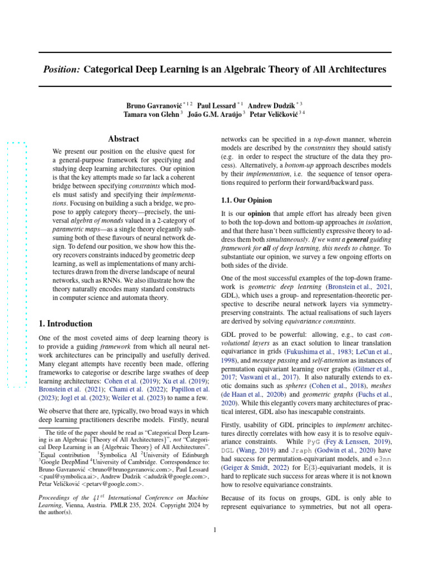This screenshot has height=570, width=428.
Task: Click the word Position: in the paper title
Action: point(62,70)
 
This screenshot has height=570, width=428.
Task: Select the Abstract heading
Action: point(123,139)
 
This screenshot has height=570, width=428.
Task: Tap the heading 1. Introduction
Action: point(65,323)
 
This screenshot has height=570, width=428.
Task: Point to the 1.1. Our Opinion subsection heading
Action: point(247,200)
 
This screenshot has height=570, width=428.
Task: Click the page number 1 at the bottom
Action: point(215,529)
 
